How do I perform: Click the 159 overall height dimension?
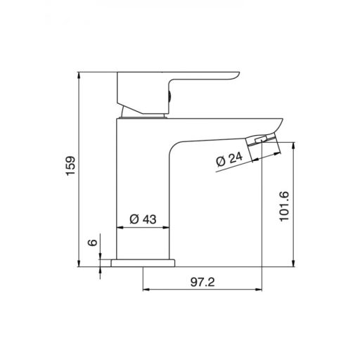pos(70,165)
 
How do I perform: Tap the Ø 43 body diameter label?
pos(143,219)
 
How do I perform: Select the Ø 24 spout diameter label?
pos(229,160)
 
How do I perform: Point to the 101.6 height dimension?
pos(284,206)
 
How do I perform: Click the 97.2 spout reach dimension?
pos(202,282)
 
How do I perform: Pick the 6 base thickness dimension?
pos(93,243)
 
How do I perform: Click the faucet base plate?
pos(143,263)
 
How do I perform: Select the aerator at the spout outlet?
pos(262,146)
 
